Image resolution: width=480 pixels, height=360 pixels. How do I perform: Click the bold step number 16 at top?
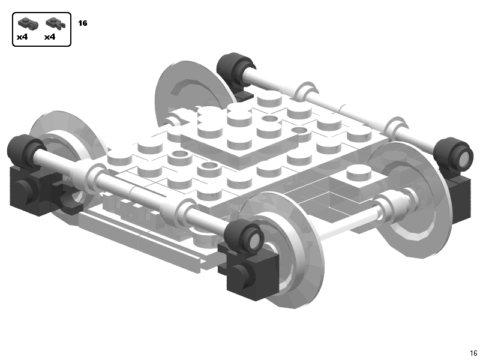(83, 23)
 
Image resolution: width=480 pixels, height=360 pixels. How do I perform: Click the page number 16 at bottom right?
(473, 353)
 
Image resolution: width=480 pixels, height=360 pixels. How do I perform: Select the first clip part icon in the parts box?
(26, 25)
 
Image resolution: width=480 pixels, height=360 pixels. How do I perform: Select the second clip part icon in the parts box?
(55, 25)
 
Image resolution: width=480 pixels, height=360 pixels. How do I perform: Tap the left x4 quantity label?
(22, 37)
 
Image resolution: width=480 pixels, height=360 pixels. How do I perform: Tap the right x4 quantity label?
(50, 37)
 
